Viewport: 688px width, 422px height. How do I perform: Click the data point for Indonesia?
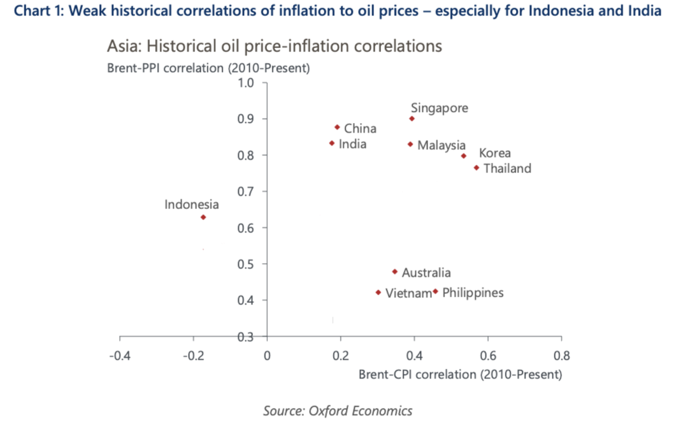point(203,217)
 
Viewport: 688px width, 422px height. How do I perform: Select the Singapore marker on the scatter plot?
point(412,119)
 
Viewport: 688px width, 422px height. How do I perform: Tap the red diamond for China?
point(337,127)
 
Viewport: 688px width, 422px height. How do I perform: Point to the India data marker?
point(332,143)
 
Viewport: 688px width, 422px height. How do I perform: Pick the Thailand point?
point(476,168)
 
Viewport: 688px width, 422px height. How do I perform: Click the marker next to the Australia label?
point(395,272)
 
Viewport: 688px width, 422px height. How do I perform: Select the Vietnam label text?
point(409,293)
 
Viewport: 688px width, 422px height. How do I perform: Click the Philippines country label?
point(473,293)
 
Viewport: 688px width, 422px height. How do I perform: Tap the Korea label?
point(495,153)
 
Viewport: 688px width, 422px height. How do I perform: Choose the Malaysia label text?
point(441,145)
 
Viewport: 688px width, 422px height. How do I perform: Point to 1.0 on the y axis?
point(246,83)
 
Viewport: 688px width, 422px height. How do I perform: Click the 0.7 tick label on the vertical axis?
point(246,191)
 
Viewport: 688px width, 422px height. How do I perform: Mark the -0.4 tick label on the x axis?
point(120,354)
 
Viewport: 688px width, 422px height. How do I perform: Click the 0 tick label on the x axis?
point(267,354)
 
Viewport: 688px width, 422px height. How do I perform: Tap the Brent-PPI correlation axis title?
point(208,68)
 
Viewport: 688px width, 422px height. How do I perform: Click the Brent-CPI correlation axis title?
point(460,374)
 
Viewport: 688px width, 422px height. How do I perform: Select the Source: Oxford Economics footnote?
point(338,411)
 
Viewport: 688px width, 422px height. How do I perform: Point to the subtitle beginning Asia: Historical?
point(274,47)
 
